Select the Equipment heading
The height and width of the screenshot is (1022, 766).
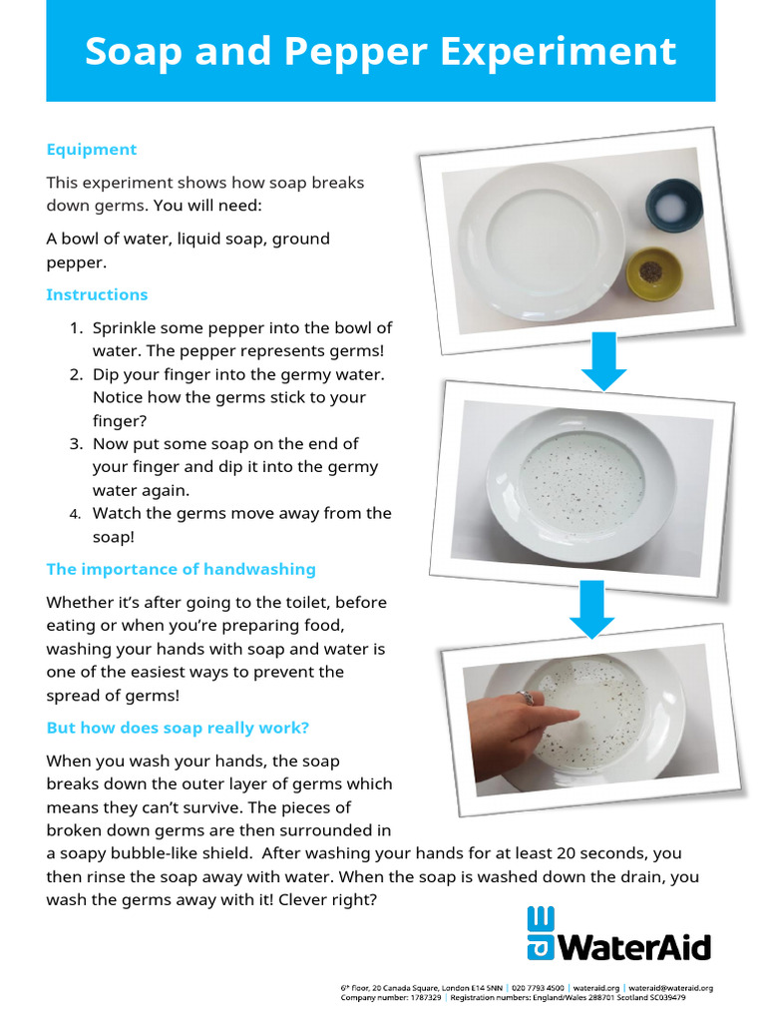(92, 150)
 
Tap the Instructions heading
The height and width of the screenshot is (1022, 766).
(97, 294)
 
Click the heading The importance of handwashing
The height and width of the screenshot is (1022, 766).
(181, 569)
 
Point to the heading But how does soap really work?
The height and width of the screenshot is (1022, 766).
(178, 728)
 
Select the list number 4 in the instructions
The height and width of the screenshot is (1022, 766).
(76, 514)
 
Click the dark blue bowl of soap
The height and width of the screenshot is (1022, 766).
(672, 206)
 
